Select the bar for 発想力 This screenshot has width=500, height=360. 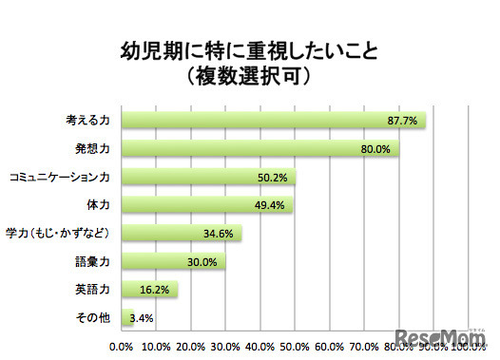257,149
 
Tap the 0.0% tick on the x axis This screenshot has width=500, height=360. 122,347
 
